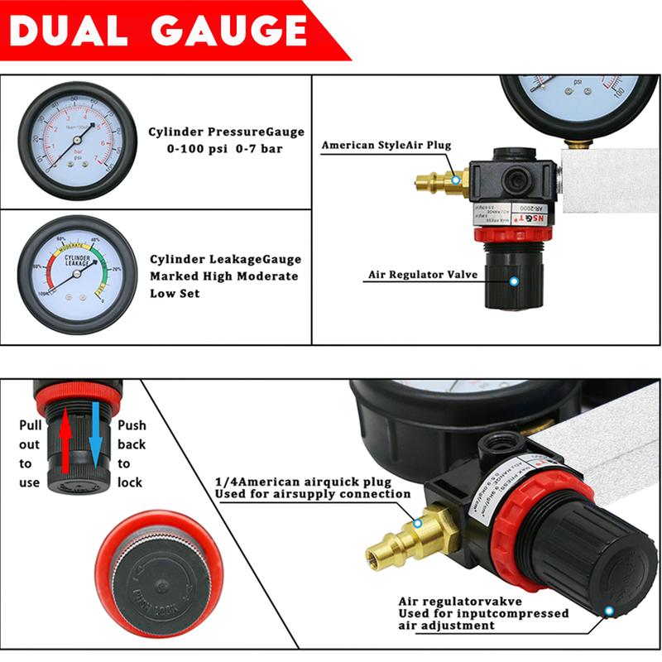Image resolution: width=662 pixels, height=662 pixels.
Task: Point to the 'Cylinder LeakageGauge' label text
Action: [x=225, y=259]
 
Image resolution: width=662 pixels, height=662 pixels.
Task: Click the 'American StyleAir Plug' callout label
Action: [x=386, y=146]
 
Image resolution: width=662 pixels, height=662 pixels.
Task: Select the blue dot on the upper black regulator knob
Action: [x=514, y=282]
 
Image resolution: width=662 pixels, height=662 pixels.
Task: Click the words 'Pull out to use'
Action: [x=29, y=453]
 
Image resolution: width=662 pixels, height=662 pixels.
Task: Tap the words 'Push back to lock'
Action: [x=131, y=453]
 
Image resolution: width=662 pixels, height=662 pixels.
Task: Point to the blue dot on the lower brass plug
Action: [x=418, y=523]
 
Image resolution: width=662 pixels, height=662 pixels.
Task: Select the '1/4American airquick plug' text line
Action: [x=301, y=481]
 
